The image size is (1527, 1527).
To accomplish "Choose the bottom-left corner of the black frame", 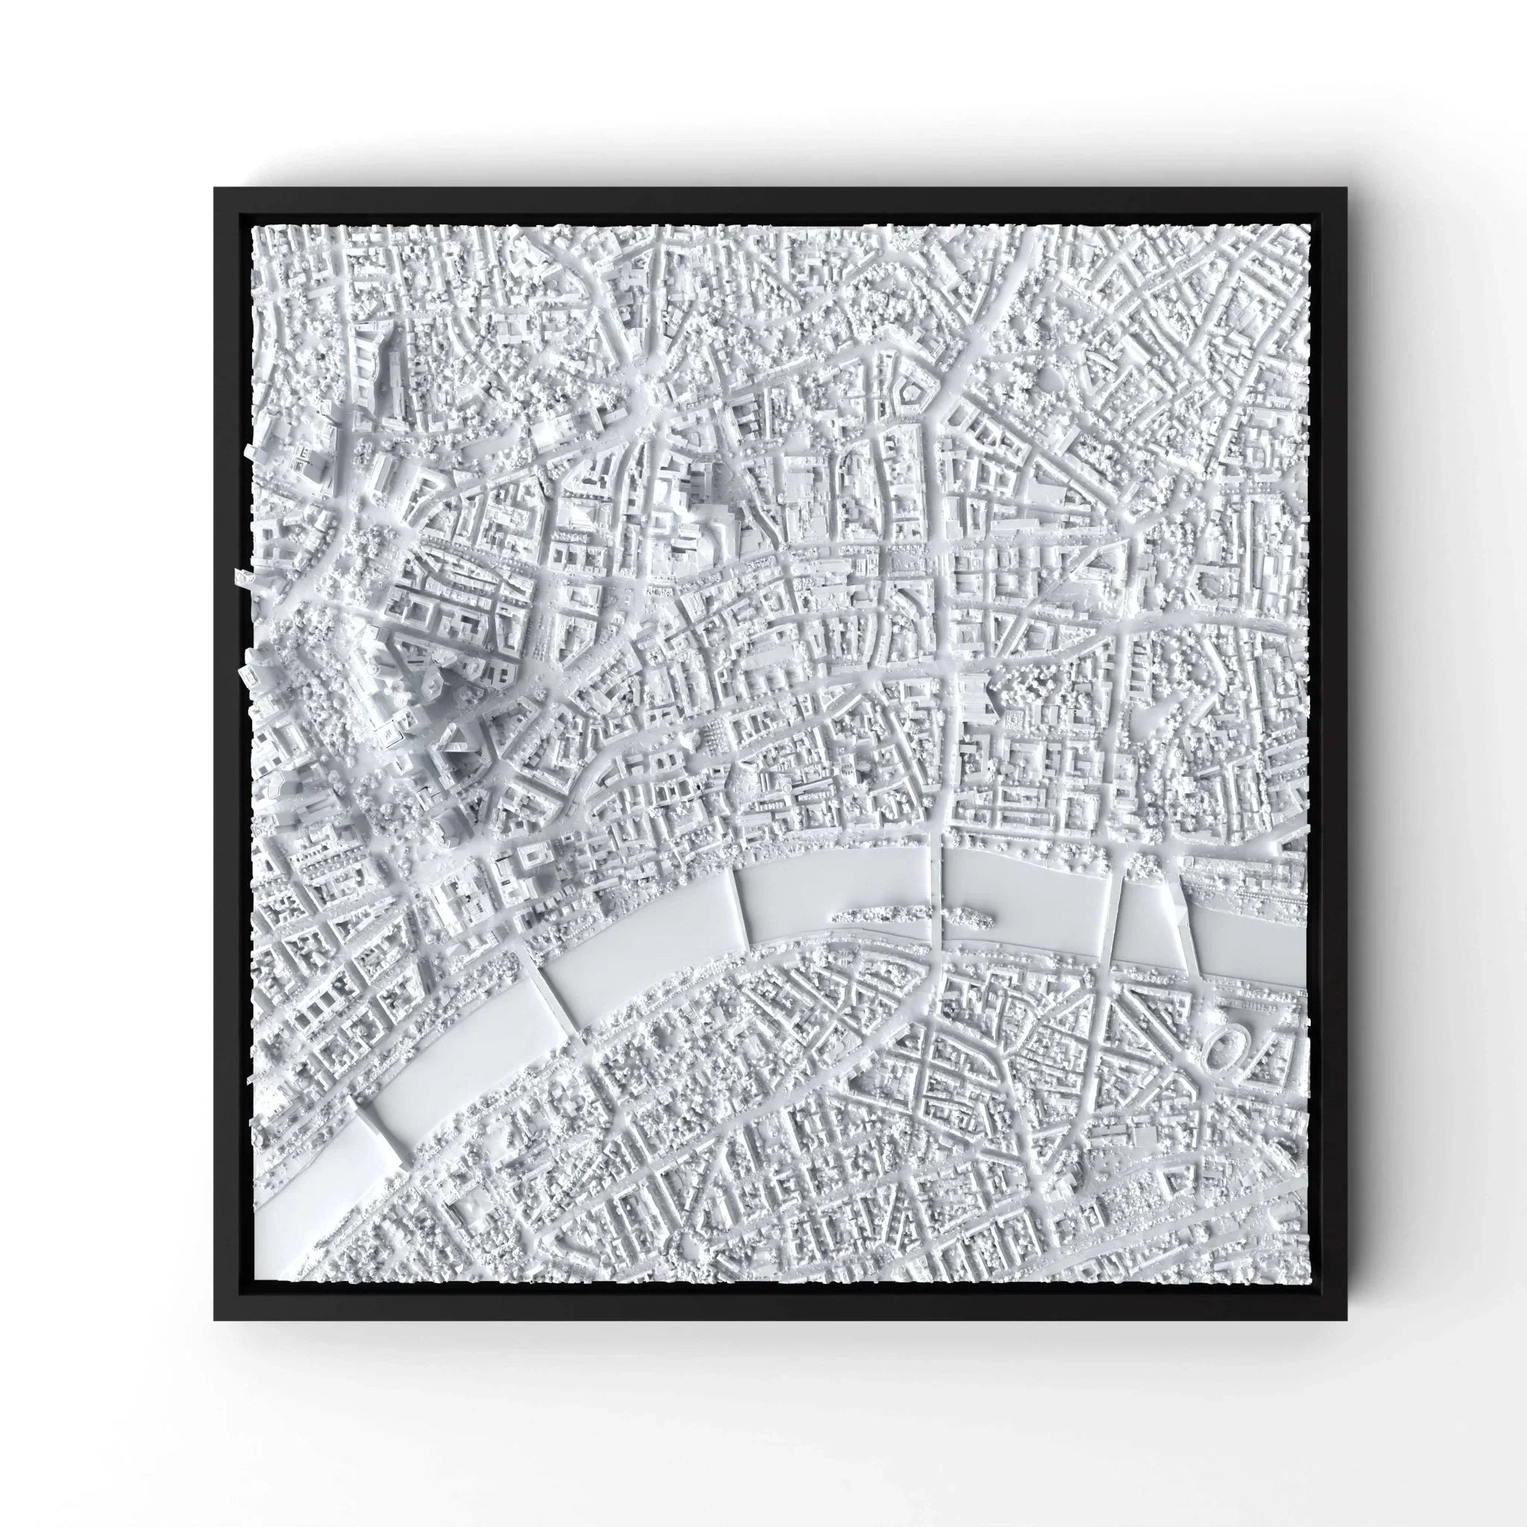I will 215,1319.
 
